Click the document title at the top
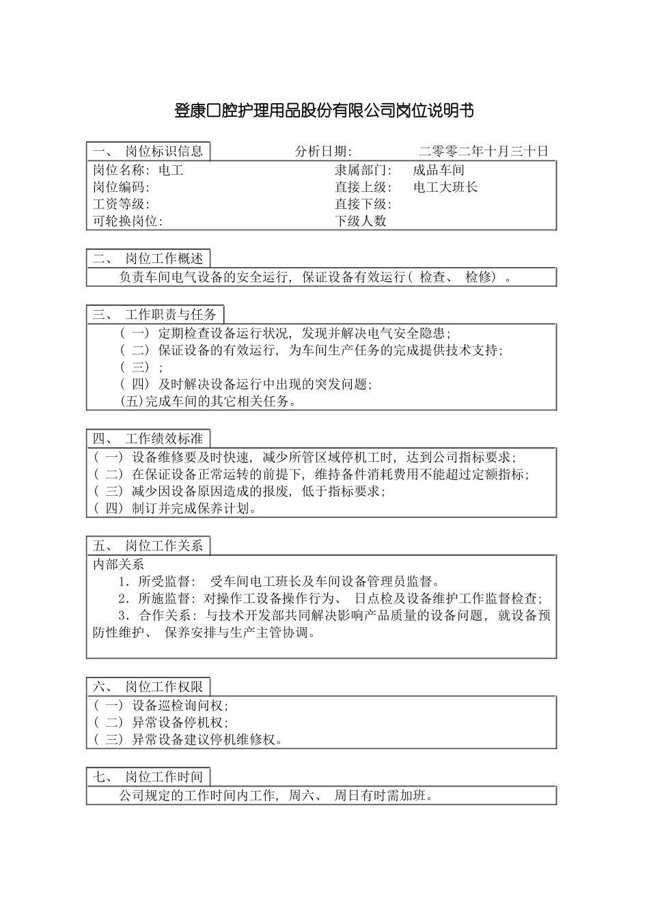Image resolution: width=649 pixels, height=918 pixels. click(x=324, y=111)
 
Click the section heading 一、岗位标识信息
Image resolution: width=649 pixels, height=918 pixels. click(x=148, y=152)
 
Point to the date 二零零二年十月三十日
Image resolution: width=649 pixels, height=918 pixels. click(x=484, y=152)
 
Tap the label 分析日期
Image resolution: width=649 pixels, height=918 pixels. click(x=323, y=152)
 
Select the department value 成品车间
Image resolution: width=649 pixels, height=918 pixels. click(x=439, y=171)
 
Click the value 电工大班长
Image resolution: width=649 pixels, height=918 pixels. click(x=445, y=187)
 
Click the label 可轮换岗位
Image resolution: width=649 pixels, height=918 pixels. click(x=128, y=221)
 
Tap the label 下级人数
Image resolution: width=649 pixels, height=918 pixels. click(x=361, y=221)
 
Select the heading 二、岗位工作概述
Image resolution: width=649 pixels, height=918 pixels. click(x=148, y=258)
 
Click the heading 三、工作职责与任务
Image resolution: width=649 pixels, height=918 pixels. click(x=155, y=314)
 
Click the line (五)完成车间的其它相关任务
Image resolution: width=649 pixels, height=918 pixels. click(x=208, y=401)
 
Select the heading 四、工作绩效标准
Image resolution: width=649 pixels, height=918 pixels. click(x=148, y=439)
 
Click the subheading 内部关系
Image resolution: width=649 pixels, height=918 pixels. click(x=119, y=565)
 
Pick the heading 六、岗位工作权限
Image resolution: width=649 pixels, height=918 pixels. click(x=148, y=686)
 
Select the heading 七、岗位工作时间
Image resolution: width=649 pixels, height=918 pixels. click(x=148, y=777)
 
